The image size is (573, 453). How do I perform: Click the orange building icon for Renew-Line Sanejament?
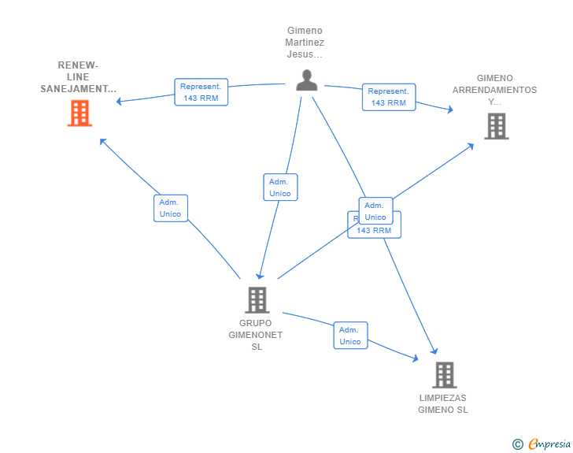79,113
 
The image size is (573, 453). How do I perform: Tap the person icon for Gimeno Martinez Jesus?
306,80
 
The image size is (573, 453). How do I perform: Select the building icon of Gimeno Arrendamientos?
496,126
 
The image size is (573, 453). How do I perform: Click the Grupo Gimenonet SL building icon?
257,300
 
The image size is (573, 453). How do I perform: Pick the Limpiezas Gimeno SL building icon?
444,375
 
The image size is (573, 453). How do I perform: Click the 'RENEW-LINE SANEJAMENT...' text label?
79,77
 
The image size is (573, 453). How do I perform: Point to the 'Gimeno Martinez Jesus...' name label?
305,43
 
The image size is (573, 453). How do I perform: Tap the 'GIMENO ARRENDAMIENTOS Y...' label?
494,90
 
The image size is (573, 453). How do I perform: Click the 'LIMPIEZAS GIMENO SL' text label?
443,403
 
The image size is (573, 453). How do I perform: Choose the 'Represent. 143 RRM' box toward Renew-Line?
201,92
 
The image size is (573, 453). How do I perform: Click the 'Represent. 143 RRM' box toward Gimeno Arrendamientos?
389,97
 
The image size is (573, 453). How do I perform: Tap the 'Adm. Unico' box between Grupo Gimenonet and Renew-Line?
170,208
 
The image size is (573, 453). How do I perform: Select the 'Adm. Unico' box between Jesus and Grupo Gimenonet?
280,188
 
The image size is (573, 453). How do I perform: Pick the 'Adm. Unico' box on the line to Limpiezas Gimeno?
350,336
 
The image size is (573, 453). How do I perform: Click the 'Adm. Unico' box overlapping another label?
375,211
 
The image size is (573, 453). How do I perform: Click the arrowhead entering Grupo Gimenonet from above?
261,276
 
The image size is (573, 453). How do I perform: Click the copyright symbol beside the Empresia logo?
517,444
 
